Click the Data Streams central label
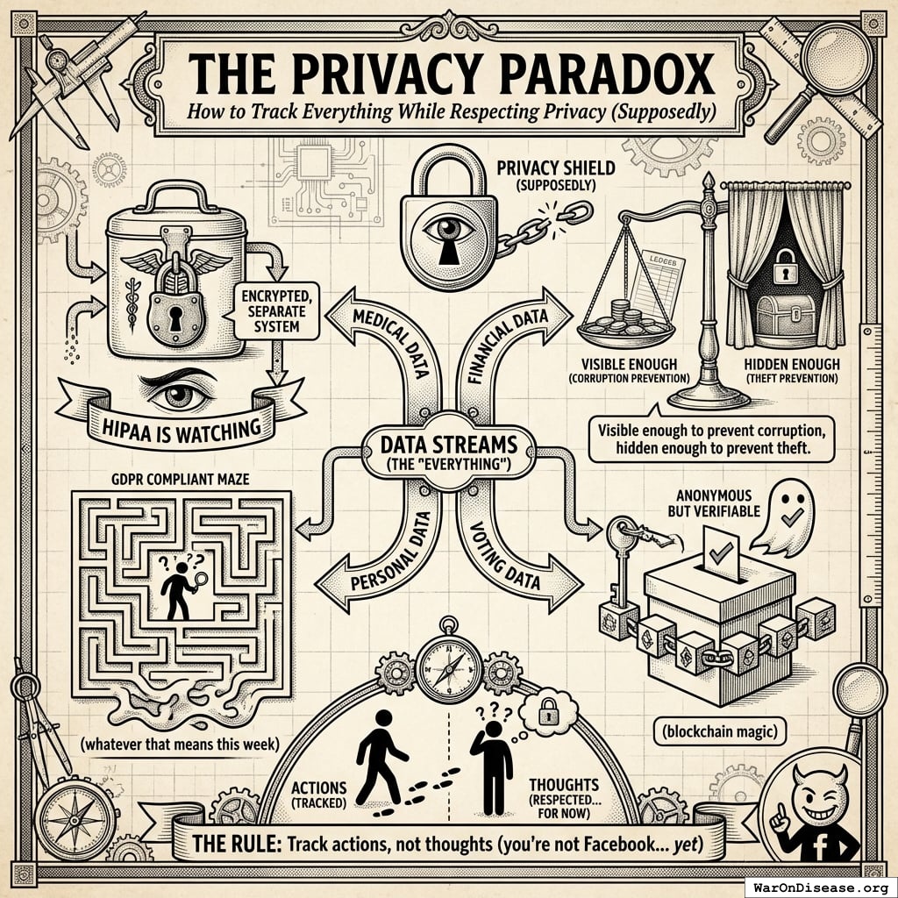click(449, 453)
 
